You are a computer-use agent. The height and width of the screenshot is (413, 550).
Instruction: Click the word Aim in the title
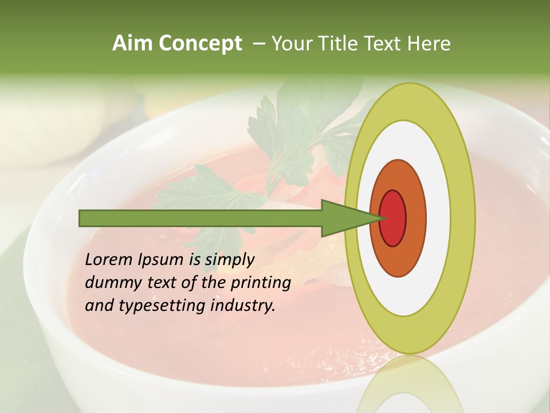(132, 44)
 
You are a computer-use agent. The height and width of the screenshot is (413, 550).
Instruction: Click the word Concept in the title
(200, 44)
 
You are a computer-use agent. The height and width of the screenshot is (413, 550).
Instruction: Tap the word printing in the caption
(261, 283)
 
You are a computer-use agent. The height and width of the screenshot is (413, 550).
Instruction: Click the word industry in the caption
(243, 305)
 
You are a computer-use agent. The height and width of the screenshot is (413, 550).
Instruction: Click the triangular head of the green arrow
(344, 218)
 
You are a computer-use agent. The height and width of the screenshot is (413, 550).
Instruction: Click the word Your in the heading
(290, 44)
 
